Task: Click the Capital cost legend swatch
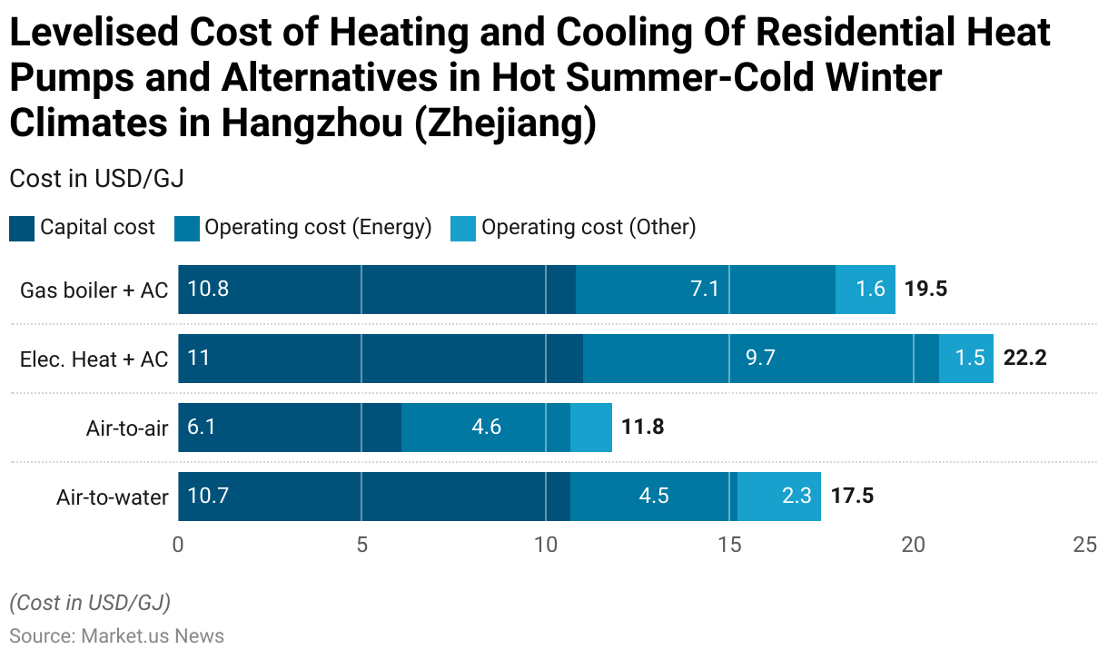click(x=22, y=228)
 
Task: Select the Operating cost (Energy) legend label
click(x=317, y=227)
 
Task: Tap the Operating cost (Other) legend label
click(x=588, y=227)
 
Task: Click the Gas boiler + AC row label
click(x=94, y=290)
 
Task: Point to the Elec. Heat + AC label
click(x=94, y=359)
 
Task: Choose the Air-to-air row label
click(x=126, y=428)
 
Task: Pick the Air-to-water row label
click(x=112, y=497)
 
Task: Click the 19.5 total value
click(x=925, y=290)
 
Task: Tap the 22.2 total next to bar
click(x=1024, y=359)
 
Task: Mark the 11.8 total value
click(x=642, y=427)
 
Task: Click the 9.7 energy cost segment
click(x=761, y=359)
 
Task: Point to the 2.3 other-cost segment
click(x=779, y=497)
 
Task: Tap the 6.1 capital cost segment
click(x=290, y=427)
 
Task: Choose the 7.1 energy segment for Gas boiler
click(x=706, y=290)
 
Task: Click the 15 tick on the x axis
click(x=729, y=545)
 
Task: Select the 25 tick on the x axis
click(x=1084, y=545)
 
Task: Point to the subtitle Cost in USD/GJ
click(x=96, y=179)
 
